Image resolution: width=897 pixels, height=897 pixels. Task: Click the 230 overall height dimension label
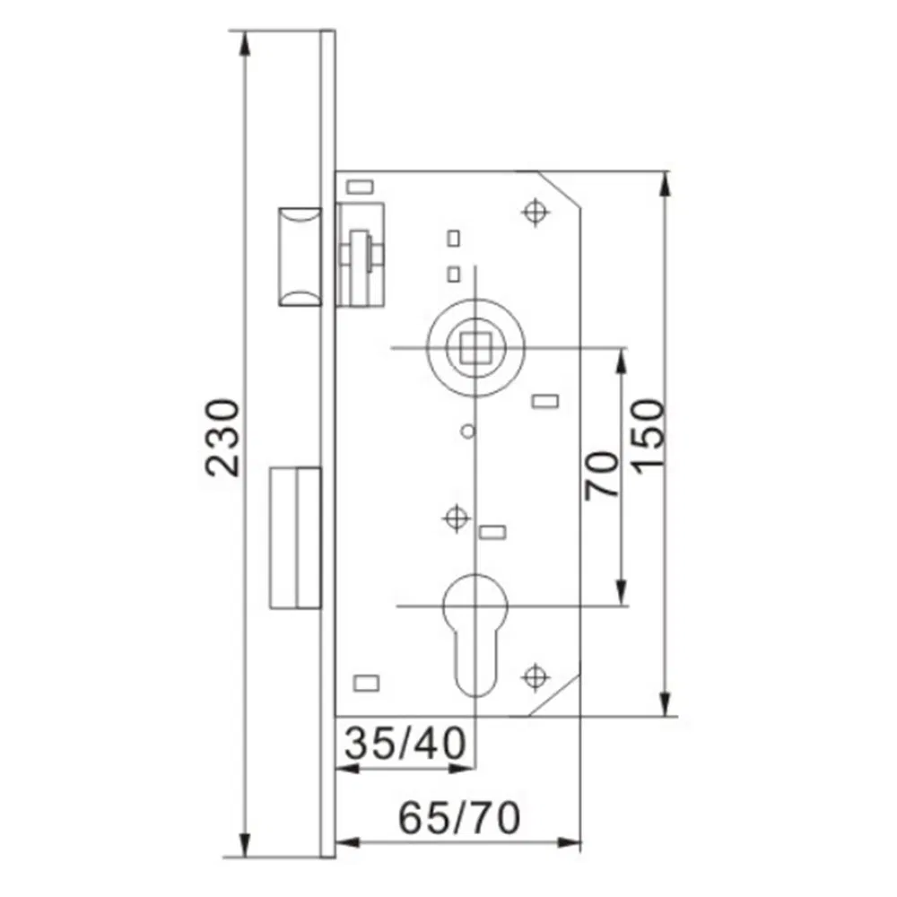point(222,437)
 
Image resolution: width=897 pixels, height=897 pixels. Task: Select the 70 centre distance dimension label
point(602,475)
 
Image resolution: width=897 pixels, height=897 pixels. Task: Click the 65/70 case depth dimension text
point(459,818)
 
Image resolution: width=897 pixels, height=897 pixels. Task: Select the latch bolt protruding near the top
point(298,256)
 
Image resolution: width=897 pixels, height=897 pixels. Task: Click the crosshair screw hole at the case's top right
point(535,212)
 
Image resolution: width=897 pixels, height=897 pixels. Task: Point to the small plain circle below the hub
point(466,432)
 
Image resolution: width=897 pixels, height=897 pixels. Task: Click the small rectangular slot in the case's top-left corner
point(359,187)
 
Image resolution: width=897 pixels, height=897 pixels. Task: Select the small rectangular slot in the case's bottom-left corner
point(366,684)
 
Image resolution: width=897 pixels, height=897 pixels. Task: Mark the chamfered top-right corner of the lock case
point(561,190)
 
